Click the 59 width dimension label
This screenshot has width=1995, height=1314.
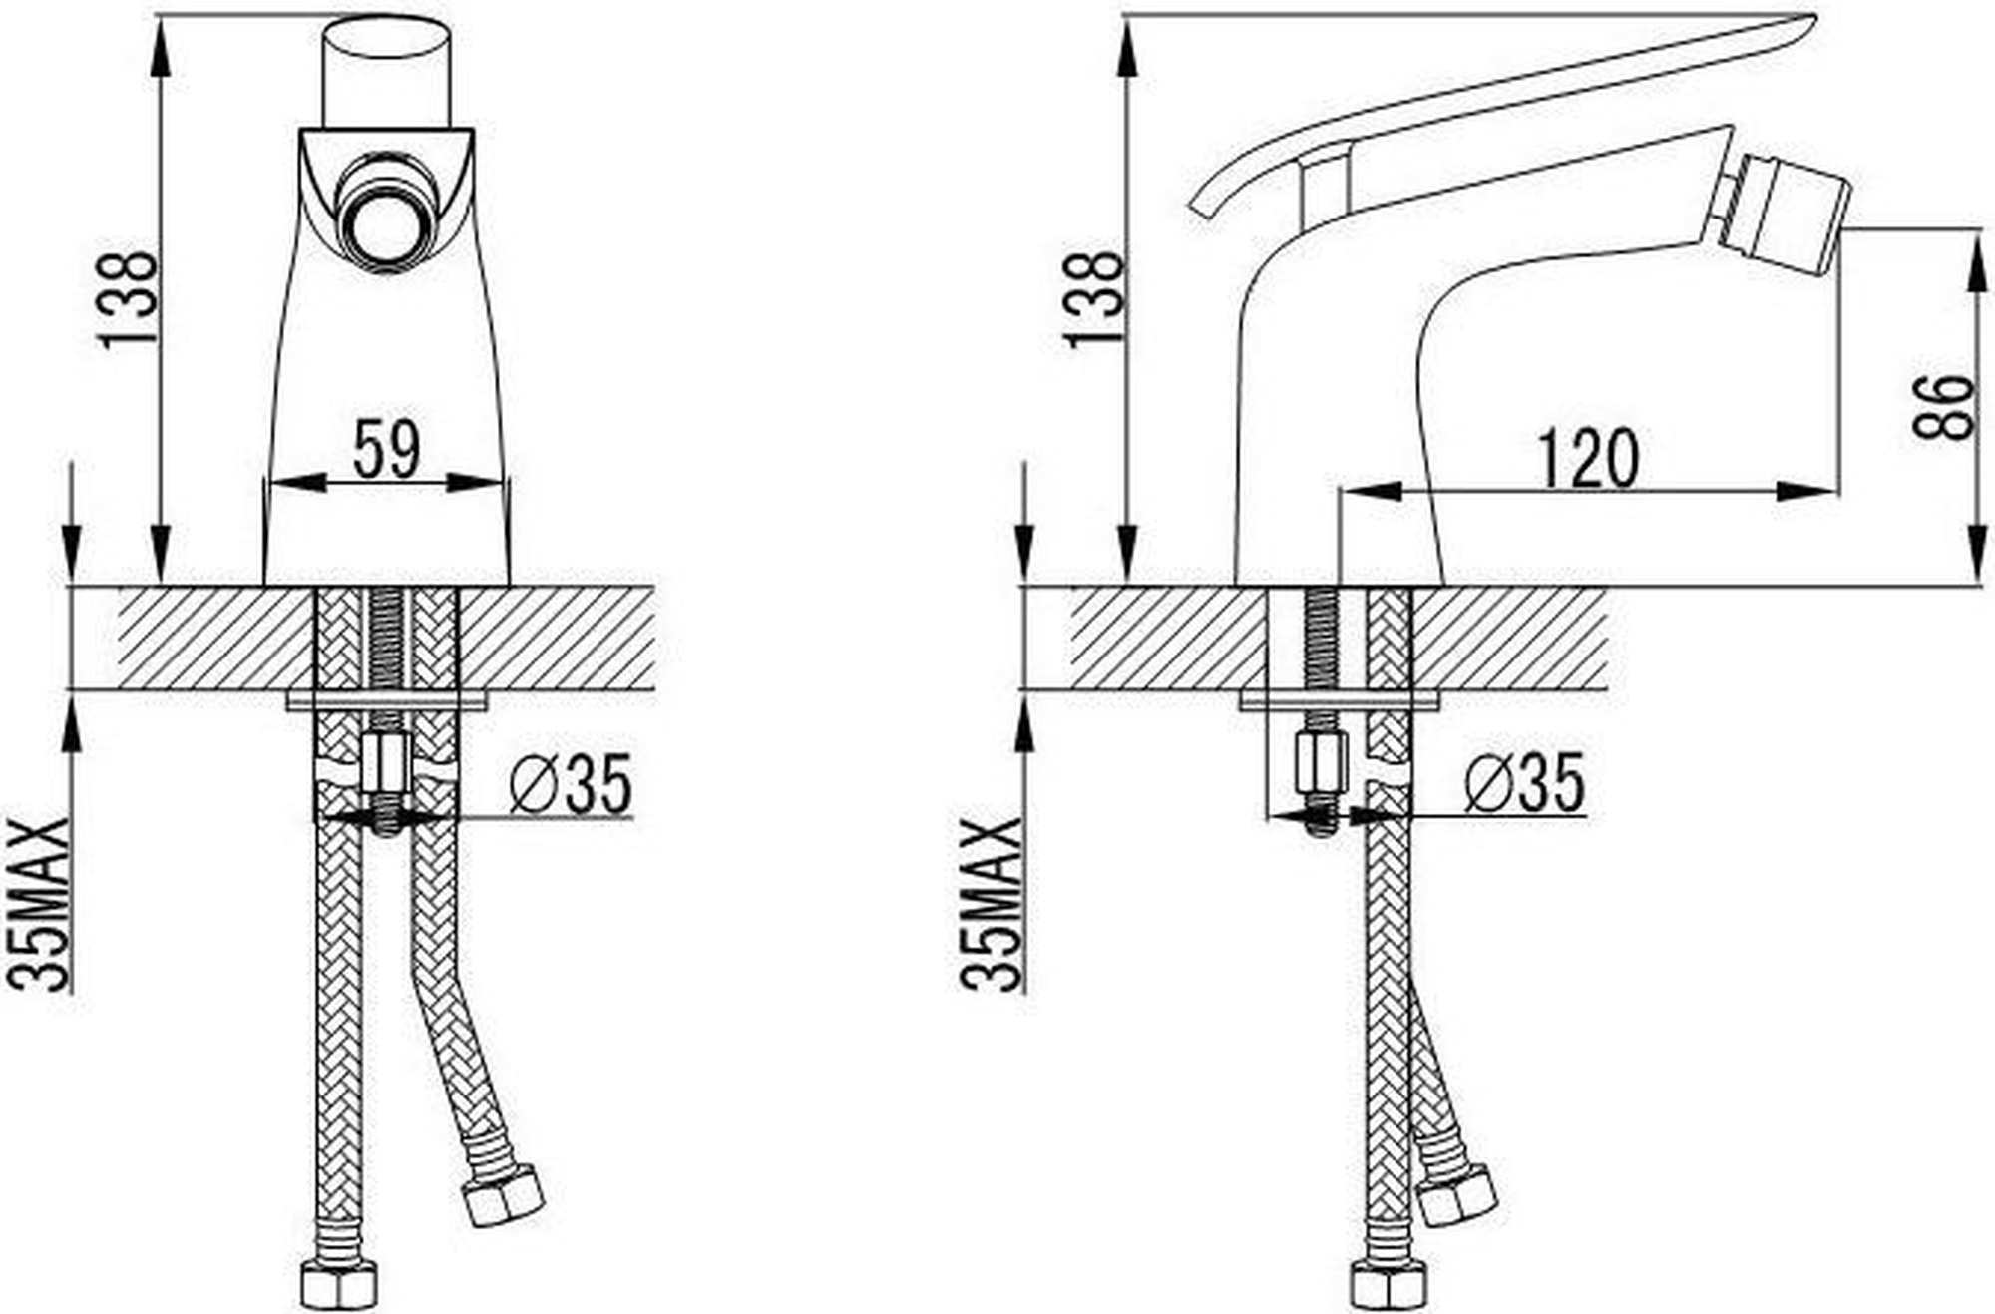pos(388,449)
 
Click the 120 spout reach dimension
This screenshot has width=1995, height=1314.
pos(1589,459)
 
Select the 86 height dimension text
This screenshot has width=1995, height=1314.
pos(1943,407)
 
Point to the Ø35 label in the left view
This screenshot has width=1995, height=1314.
pos(571,784)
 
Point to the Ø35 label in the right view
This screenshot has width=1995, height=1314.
pos(1525,782)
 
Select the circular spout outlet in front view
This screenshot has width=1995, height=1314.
pos(385,213)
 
